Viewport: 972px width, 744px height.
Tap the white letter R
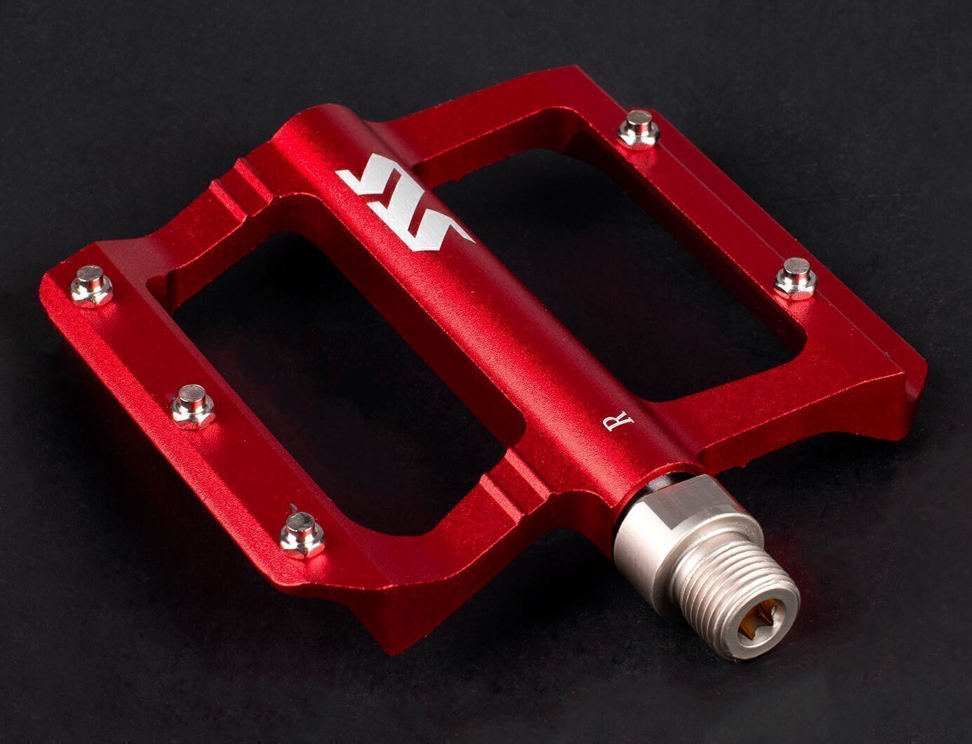[618, 420]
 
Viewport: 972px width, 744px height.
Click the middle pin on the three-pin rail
[192, 406]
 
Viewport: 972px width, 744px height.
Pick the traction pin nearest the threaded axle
[302, 535]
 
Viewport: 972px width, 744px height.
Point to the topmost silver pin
[639, 129]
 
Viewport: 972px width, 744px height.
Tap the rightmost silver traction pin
[796, 279]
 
